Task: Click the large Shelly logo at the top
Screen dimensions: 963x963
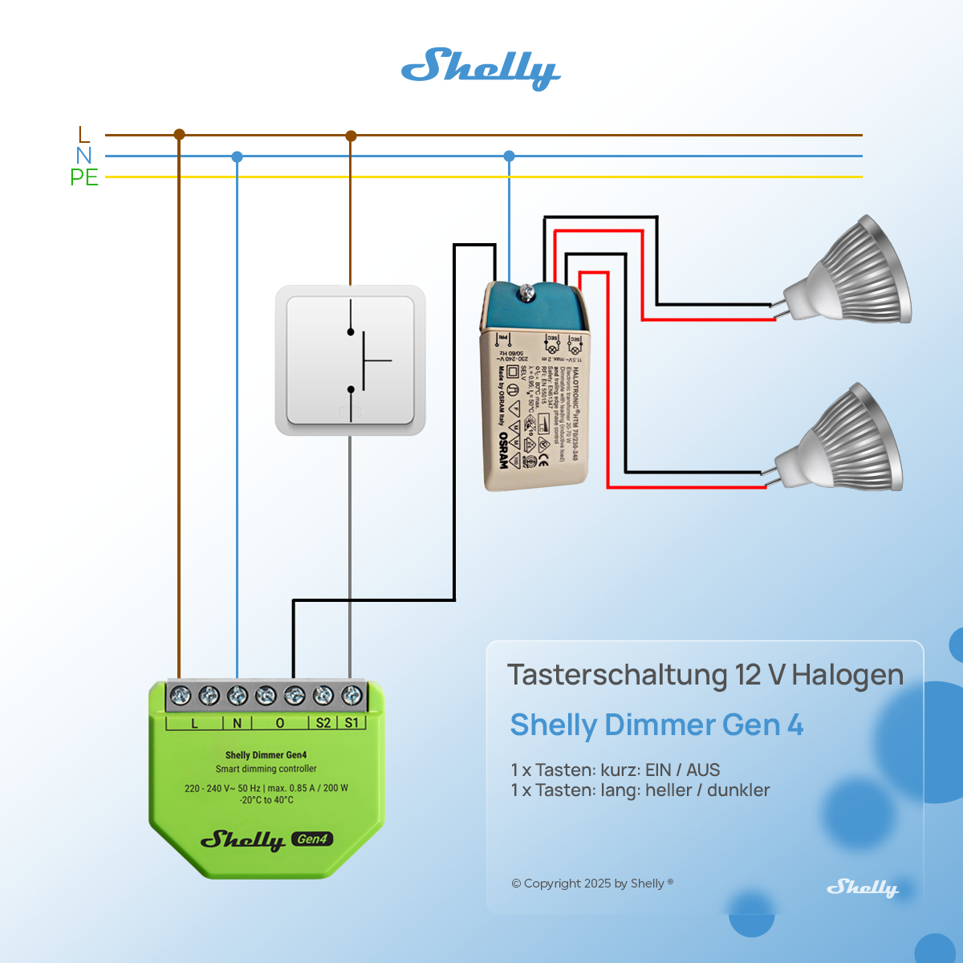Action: [x=480, y=68]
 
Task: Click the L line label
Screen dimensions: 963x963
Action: [x=84, y=135]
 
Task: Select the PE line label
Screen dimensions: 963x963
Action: [x=84, y=177]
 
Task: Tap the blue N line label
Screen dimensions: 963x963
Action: [x=84, y=156]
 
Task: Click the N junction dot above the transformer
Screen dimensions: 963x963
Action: [x=509, y=156]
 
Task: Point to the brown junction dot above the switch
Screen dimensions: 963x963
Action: [x=351, y=136]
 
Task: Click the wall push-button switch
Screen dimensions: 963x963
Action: [x=350, y=360]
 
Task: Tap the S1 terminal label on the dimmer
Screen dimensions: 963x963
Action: [x=351, y=723]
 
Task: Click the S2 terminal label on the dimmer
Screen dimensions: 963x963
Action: [x=323, y=723]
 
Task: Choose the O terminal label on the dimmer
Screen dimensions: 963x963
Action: [x=280, y=723]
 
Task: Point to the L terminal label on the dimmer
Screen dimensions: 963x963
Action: [x=194, y=723]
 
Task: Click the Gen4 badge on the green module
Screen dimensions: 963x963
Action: [x=312, y=839]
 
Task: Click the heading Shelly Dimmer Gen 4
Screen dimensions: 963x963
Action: [x=656, y=725]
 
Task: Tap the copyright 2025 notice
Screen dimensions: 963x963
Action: [x=592, y=884]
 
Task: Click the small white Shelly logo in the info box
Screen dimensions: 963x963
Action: [x=863, y=888]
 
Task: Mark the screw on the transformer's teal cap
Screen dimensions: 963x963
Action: [x=527, y=292]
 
